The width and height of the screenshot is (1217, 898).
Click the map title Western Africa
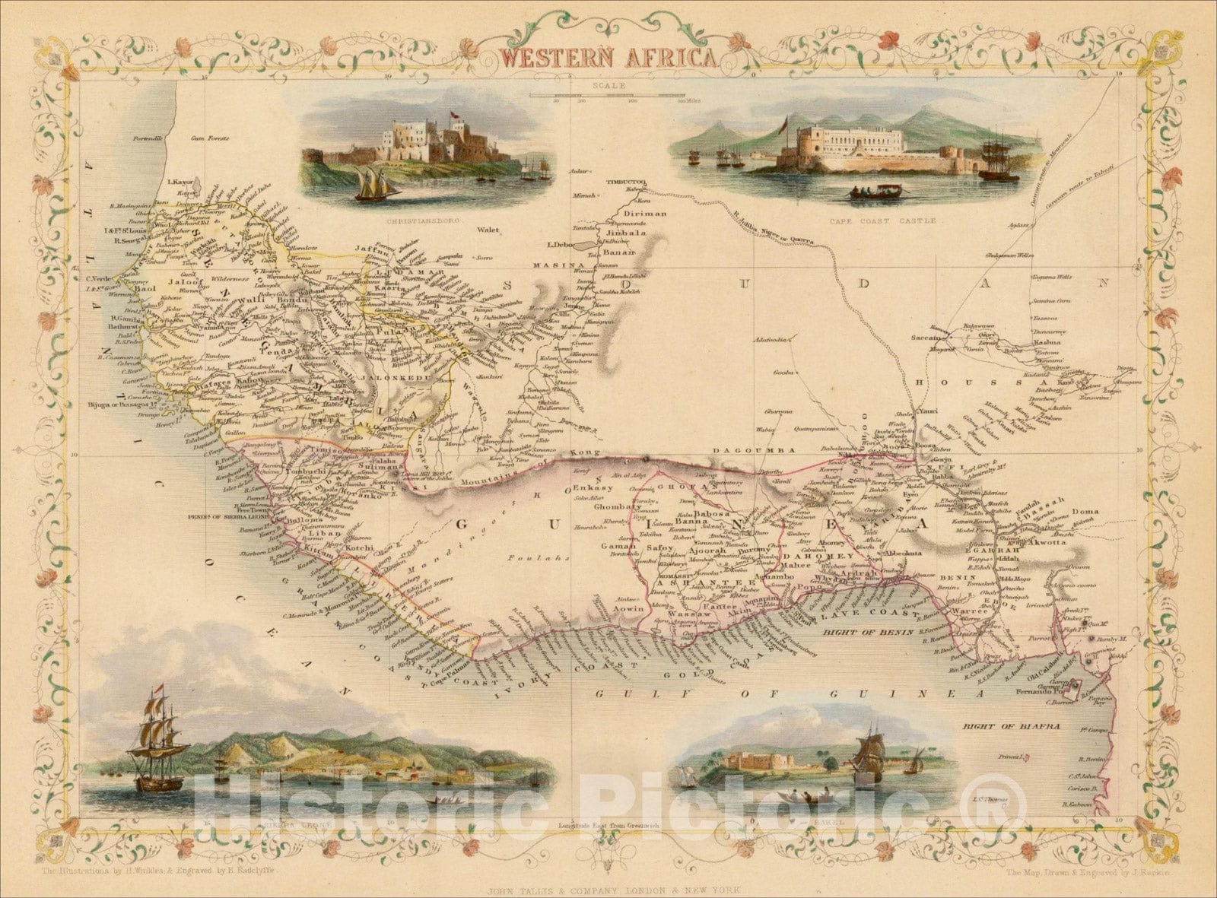pyautogui.click(x=606, y=58)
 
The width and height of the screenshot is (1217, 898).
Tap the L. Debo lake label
pyautogui.click(x=559, y=245)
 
